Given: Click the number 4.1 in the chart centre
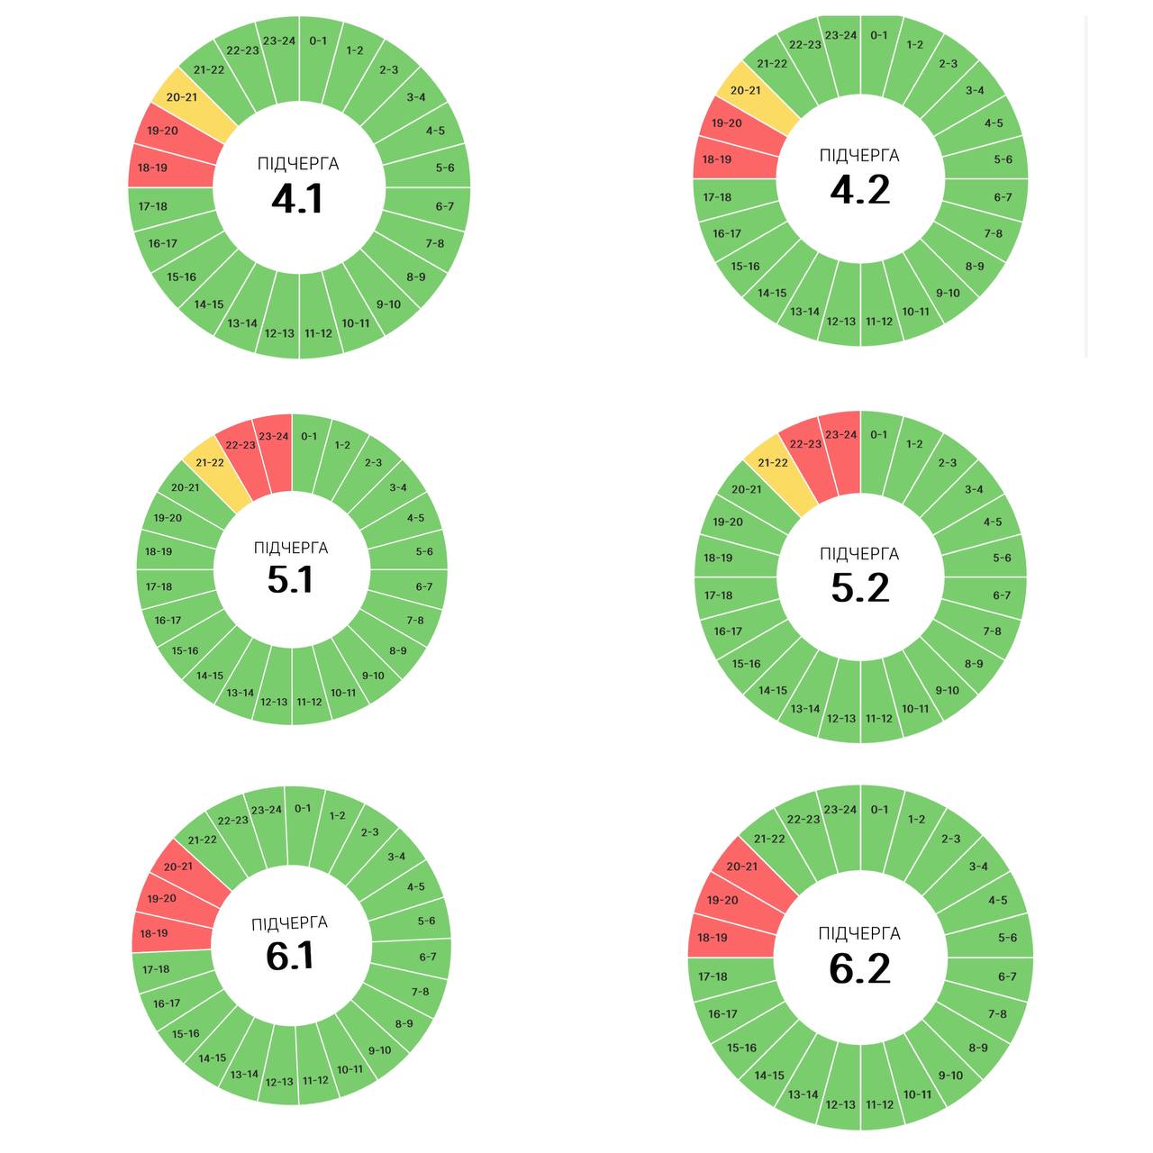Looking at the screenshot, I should (x=297, y=198).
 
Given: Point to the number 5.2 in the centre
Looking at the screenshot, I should (x=859, y=587).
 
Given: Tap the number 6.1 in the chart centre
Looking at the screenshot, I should (x=290, y=955).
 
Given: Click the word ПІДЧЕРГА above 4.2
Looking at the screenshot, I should (x=859, y=156).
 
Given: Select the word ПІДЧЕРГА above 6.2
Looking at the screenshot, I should (x=859, y=934).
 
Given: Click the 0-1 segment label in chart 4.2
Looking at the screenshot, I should (x=879, y=36).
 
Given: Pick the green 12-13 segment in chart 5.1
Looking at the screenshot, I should (x=274, y=701).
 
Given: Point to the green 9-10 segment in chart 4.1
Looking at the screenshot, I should (x=387, y=303).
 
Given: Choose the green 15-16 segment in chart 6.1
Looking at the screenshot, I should (x=186, y=1032).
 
